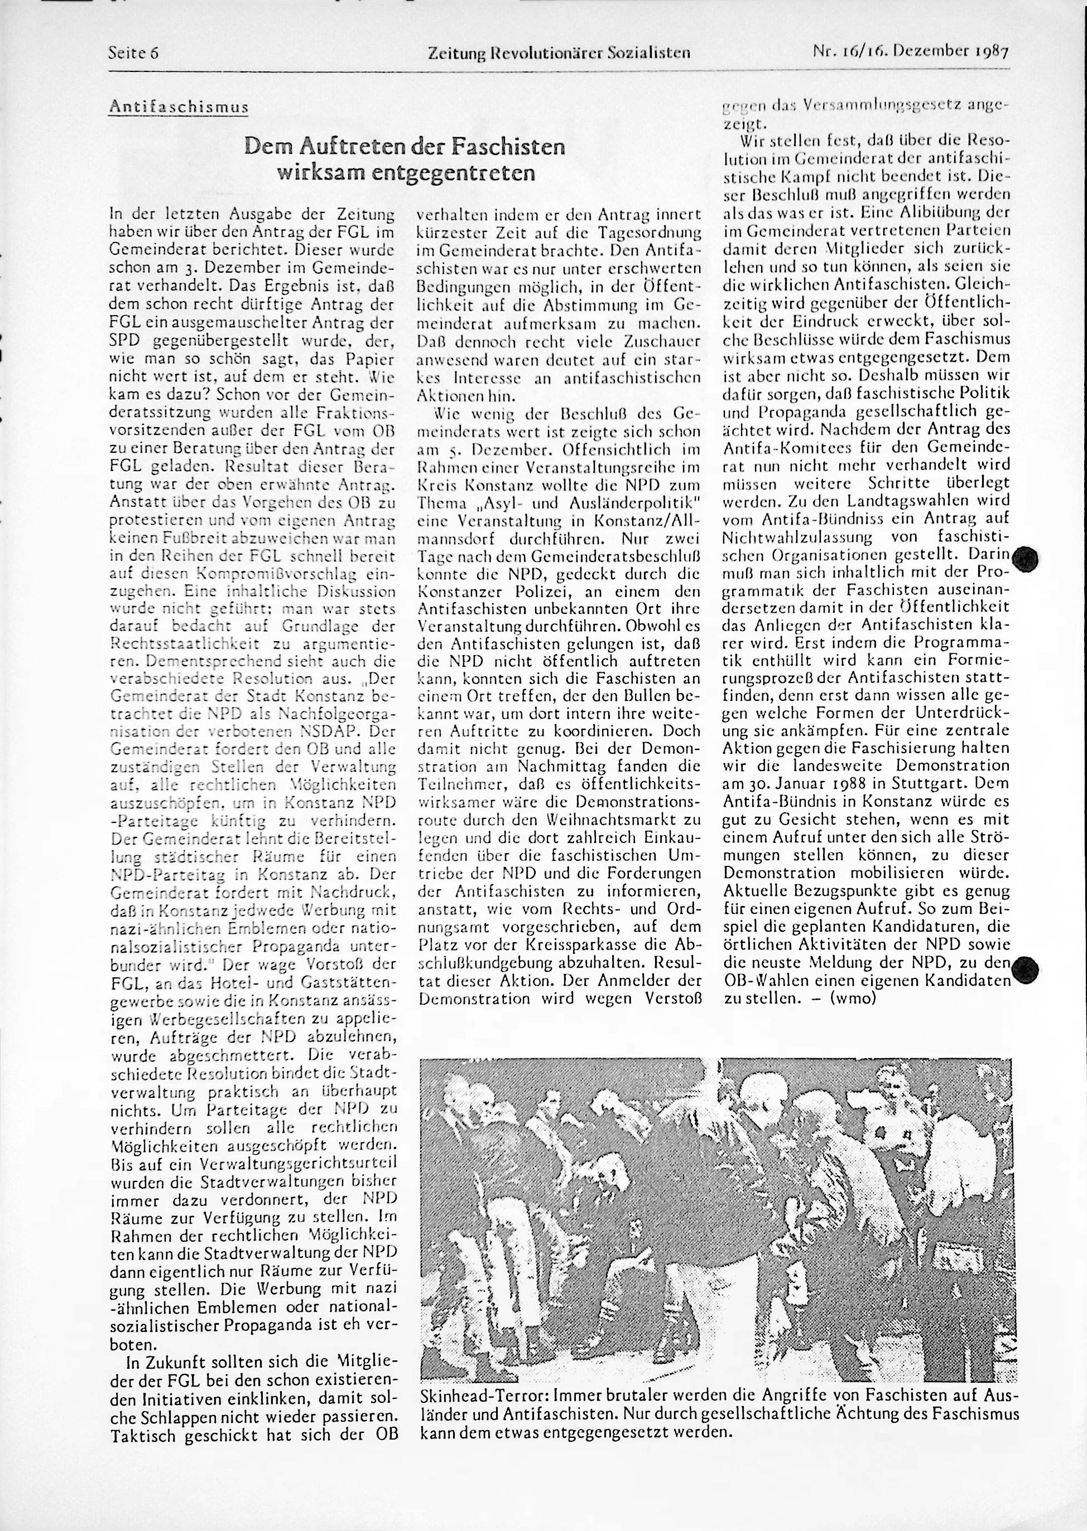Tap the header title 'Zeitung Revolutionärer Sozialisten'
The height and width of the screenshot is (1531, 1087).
(x=559, y=52)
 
